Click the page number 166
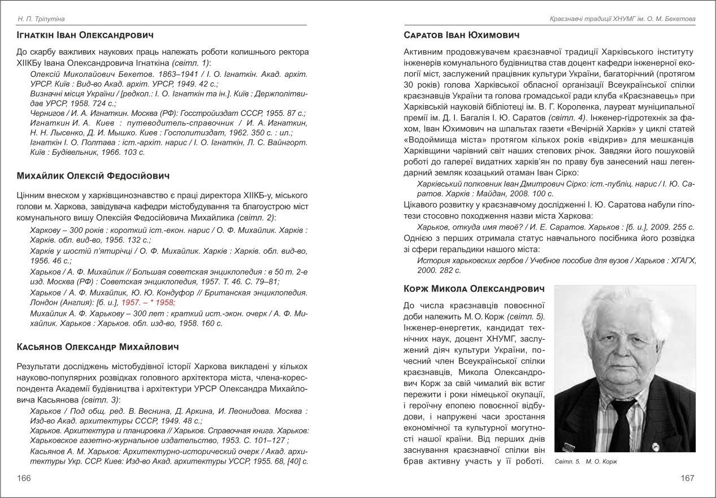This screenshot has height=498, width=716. (x=24, y=478)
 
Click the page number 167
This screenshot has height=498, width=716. (x=687, y=478)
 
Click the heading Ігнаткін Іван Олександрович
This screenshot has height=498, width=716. (x=85, y=36)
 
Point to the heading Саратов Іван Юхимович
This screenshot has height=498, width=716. (x=462, y=36)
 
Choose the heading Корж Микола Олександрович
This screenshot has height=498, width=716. (x=475, y=289)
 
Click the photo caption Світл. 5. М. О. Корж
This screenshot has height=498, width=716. (x=585, y=462)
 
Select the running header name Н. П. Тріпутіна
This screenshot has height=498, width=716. (x=40, y=20)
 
